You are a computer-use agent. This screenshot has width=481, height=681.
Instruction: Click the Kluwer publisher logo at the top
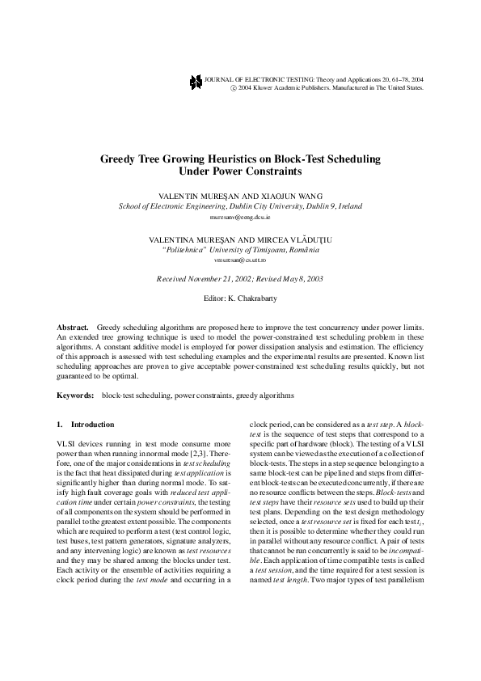coord(195,81)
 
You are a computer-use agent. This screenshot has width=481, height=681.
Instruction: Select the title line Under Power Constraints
coord(239,172)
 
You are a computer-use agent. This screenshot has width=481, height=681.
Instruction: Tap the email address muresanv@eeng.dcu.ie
coord(239,218)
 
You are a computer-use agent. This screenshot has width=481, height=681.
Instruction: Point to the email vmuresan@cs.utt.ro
coord(240,260)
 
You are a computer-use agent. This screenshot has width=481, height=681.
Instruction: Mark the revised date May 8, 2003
coord(305,279)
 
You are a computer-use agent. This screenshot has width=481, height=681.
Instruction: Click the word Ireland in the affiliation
coord(351,206)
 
